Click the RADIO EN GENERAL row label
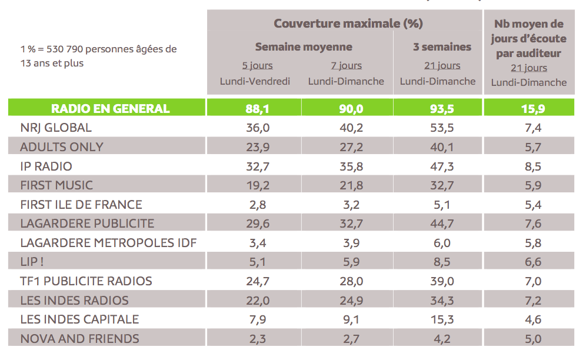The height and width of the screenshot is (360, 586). point(111,108)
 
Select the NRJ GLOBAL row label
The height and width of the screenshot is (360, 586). point(56,128)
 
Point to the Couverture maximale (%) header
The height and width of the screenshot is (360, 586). point(348,24)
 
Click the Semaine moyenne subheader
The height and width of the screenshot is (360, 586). point(304,47)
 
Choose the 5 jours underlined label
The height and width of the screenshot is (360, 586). point(257,65)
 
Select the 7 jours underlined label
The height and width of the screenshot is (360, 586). point(346,65)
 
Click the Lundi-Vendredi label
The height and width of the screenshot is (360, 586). point(255,81)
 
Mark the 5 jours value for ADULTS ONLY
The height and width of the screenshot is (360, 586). point(258,147)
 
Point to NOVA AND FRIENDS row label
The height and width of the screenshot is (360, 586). point(79,338)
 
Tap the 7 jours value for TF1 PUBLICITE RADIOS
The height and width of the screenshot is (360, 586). point(347,281)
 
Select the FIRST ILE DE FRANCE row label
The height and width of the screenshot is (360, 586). point(81,205)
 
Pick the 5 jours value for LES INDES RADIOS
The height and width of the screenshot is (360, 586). point(258,300)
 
